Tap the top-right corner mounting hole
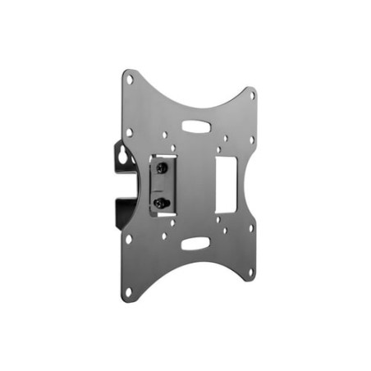point(251,95)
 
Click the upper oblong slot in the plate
point(196,126)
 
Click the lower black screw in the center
point(162,201)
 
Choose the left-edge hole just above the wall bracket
point(129,131)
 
